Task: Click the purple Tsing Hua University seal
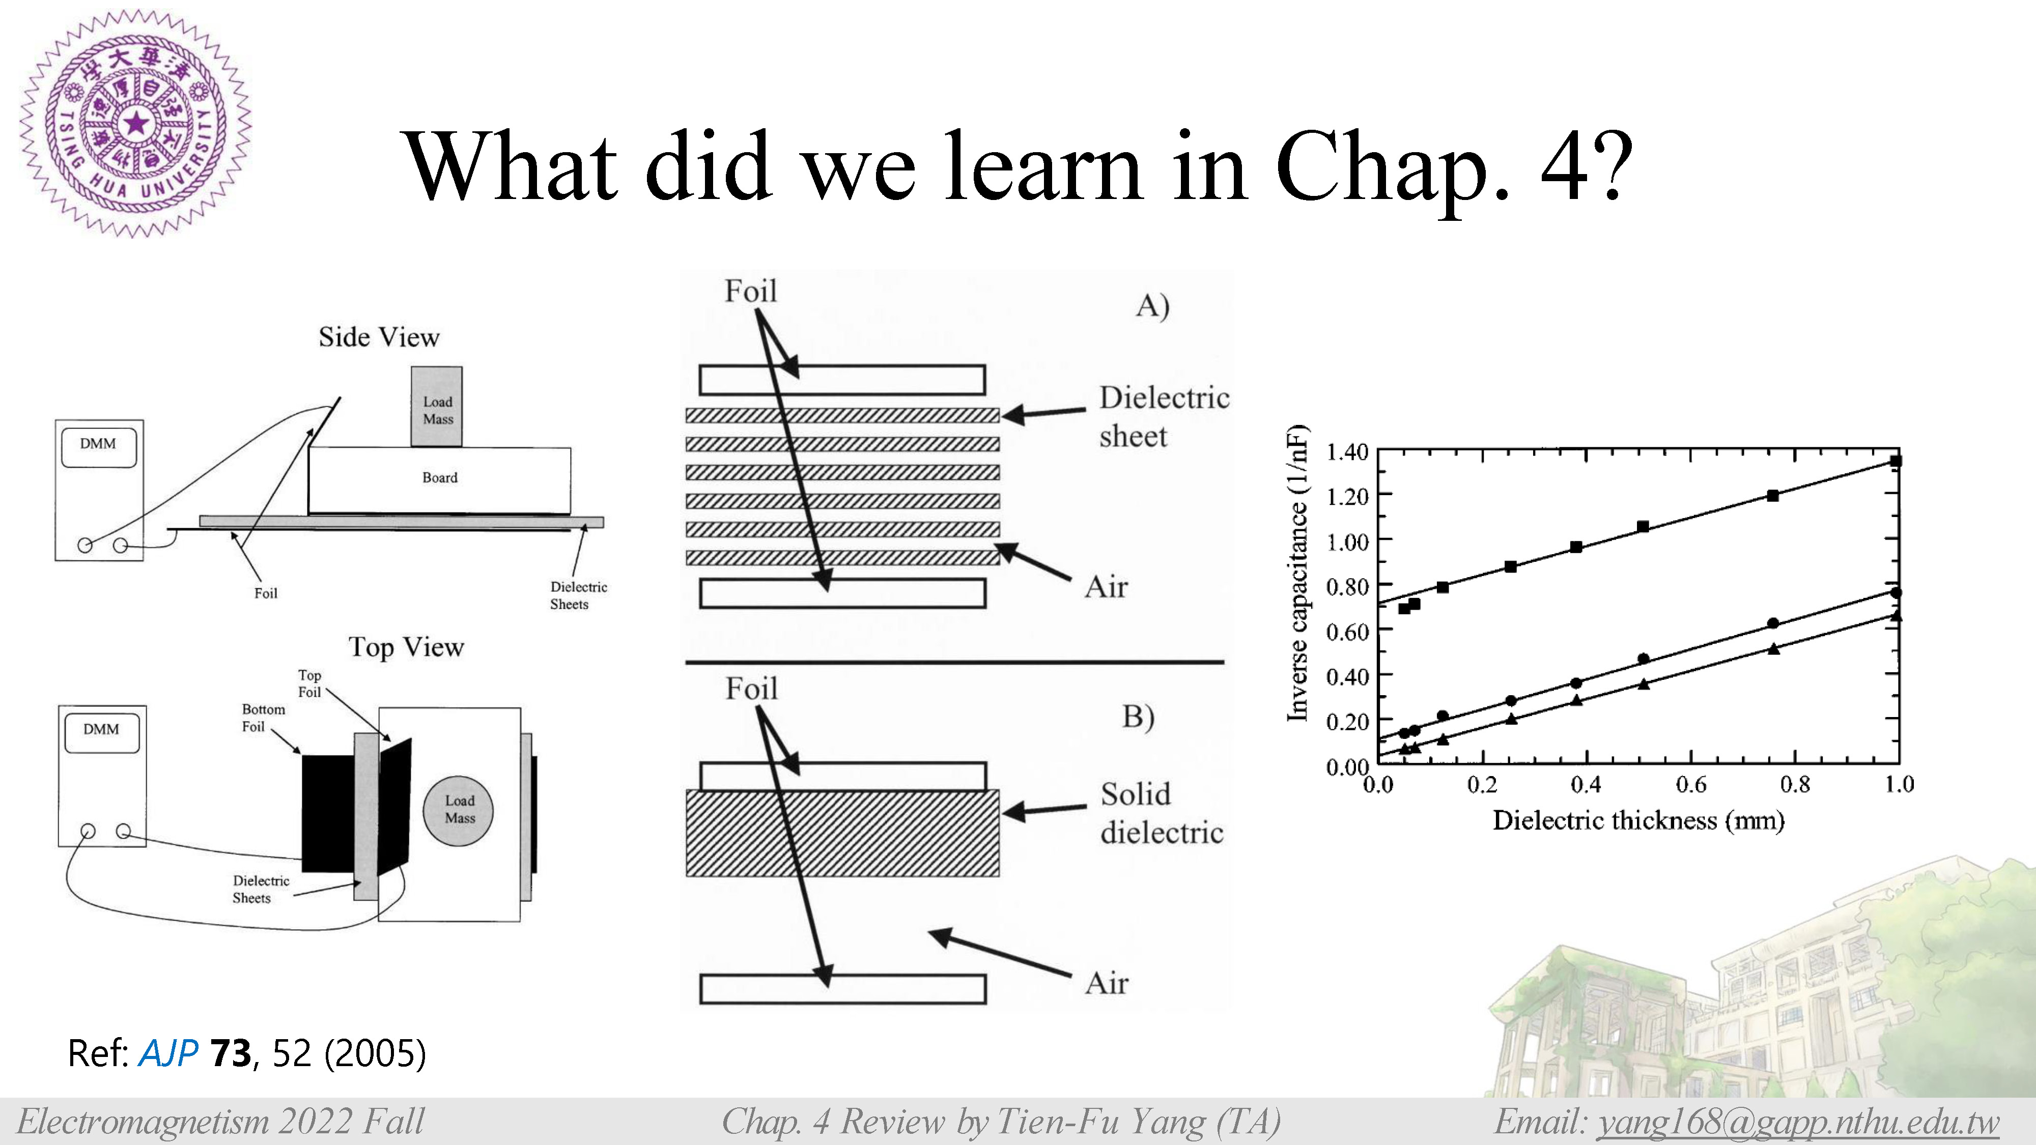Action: point(135,123)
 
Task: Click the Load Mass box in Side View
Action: point(436,406)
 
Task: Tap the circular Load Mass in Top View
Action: point(459,810)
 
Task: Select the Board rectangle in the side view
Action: point(439,480)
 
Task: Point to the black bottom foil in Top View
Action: point(328,814)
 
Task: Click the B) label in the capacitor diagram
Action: point(1138,716)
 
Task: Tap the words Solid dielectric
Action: point(1161,813)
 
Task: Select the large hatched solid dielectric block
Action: point(842,833)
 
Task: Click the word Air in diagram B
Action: point(1107,983)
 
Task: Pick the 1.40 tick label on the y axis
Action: point(1347,452)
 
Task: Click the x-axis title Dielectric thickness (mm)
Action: point(1638,820)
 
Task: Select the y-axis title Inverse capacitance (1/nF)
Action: point(1297,573)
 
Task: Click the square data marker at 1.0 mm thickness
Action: point(1896,461)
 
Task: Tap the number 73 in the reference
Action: point(231,1053)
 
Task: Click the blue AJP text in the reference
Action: point(168,1054)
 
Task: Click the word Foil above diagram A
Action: point(751,291)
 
